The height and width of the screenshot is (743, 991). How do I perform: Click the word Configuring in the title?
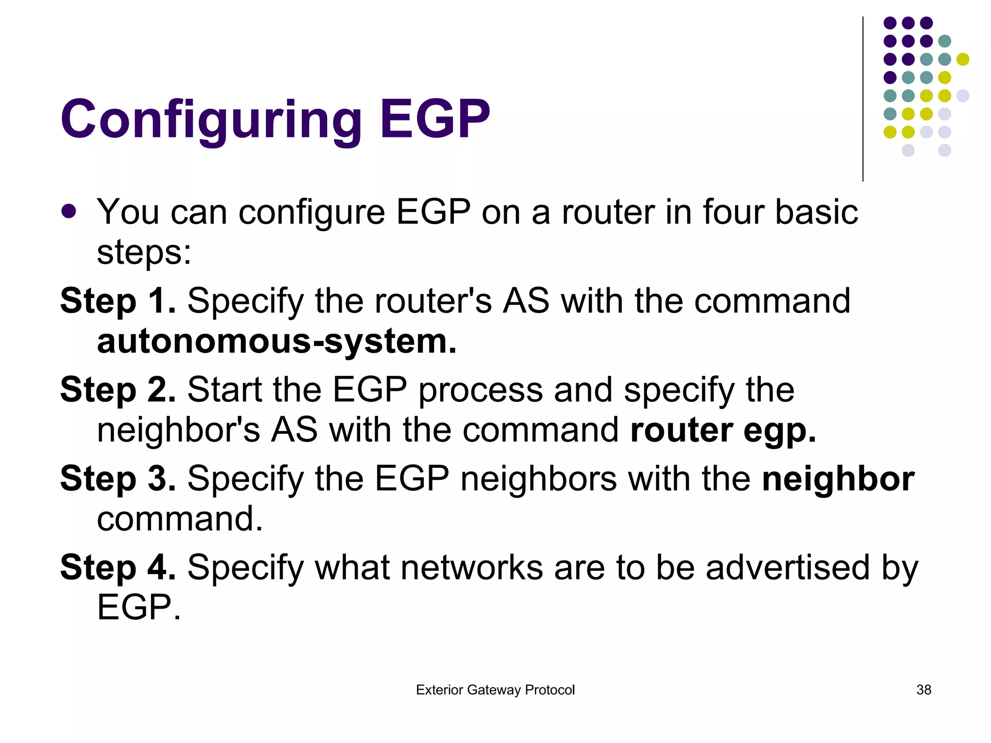[x=211, y=120]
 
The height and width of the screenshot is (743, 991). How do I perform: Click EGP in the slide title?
[x=435, y=119]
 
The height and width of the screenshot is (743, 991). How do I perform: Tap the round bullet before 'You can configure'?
[x=69, y=211]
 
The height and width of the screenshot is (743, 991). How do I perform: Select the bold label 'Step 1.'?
[x=118, y=301]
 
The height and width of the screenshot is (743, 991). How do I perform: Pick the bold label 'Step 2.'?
[x=118, y=390]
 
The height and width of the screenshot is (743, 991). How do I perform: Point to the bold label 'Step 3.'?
[x=118, y=479]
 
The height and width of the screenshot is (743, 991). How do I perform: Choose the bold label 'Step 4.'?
[x=118, y=567]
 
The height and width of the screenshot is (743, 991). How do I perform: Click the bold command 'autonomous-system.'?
[x=277, y=342]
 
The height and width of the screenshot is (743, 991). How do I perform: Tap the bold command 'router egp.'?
[x=723, y=430]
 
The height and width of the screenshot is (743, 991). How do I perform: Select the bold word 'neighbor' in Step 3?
[x=838, y=479]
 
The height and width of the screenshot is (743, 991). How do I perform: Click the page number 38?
[x=924, y=690]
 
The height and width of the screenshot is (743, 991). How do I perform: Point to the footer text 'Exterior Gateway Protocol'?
[x=495, y=690]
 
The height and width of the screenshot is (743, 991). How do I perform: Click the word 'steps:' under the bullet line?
[x=144, y=253]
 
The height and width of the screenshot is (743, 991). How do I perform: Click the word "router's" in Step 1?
[x=433, y=301]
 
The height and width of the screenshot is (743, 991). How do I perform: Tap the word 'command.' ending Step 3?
[x=180, y=519]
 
